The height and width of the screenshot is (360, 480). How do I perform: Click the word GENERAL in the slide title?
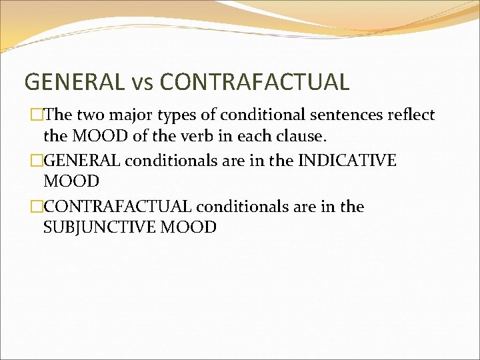[73, 82]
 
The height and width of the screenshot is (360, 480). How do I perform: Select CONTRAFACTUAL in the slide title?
[255, 82]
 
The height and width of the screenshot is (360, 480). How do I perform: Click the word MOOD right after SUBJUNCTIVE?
[193, 227]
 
